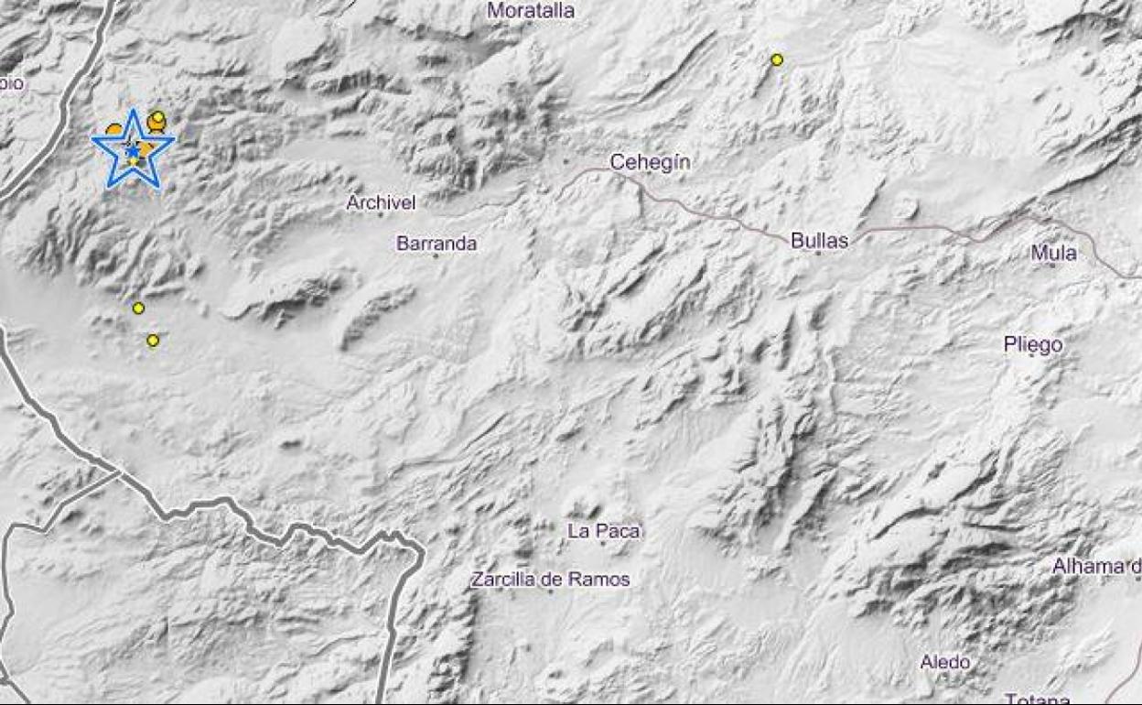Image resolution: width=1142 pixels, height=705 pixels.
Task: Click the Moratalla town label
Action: (531, 11)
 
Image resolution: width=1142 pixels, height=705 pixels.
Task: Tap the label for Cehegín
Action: (650, 163)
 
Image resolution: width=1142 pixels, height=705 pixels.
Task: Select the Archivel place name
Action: (381, 202)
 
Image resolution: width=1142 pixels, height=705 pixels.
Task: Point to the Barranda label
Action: (436, 244)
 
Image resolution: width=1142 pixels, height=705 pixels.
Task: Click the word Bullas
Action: (819, 241)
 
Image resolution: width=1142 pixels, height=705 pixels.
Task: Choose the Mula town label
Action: (1053, 253)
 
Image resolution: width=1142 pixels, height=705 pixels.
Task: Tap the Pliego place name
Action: (1032, 344)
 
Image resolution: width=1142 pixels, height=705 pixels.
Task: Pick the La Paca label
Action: (604, 530)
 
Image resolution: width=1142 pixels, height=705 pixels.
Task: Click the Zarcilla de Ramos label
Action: (550, 579)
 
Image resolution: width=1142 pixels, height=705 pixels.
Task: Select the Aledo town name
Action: (945, 662)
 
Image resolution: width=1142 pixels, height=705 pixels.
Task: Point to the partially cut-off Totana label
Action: (1037, 699)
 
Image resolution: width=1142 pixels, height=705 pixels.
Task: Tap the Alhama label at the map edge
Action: (1095, 567)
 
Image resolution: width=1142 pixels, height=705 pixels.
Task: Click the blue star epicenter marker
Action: (134, 149)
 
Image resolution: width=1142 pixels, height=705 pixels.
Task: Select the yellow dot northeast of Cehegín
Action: (777, 60)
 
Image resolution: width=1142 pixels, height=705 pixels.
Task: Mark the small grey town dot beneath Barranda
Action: (436, 256)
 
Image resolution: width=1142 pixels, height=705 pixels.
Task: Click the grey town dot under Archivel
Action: (381, 215)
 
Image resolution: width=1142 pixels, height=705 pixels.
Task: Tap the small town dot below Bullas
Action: (818, 253)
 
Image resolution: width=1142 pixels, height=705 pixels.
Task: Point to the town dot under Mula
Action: (1053, 266)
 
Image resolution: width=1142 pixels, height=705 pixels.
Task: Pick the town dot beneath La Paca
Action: (603, 543)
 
